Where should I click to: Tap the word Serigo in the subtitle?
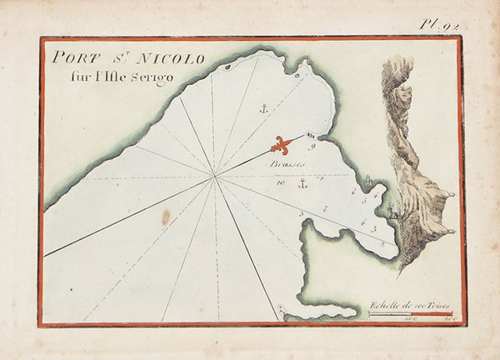click(157, 76)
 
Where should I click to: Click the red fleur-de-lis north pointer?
click(284, 145)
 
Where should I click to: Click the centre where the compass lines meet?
click(215, 177)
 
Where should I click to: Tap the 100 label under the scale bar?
click(409, 320)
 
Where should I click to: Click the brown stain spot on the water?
click(165, 218)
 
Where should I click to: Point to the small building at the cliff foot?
click(389, 213)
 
